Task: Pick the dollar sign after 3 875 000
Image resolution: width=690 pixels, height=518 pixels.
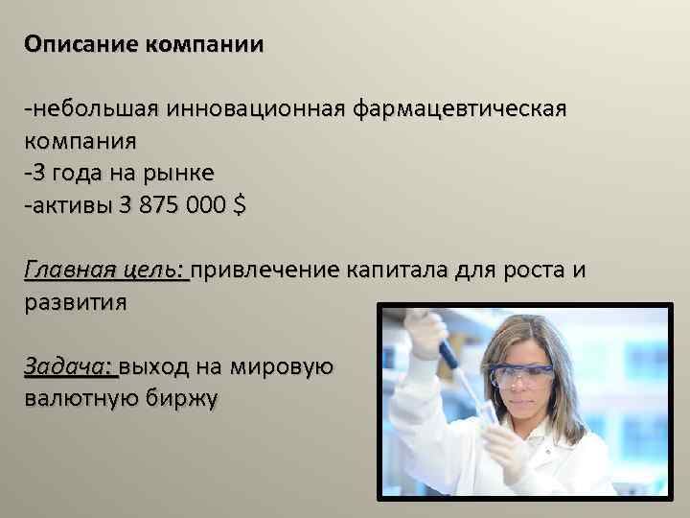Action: [239, 204]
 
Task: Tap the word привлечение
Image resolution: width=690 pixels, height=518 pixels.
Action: [265, 270]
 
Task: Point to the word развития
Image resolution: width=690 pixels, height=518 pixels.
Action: [75, 302]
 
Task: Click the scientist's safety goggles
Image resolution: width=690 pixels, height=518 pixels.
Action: [521, 375]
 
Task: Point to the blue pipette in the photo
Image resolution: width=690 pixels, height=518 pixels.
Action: [443, 350]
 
